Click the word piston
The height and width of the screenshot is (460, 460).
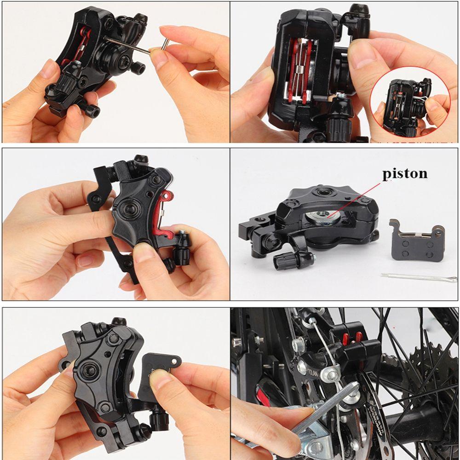405,173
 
